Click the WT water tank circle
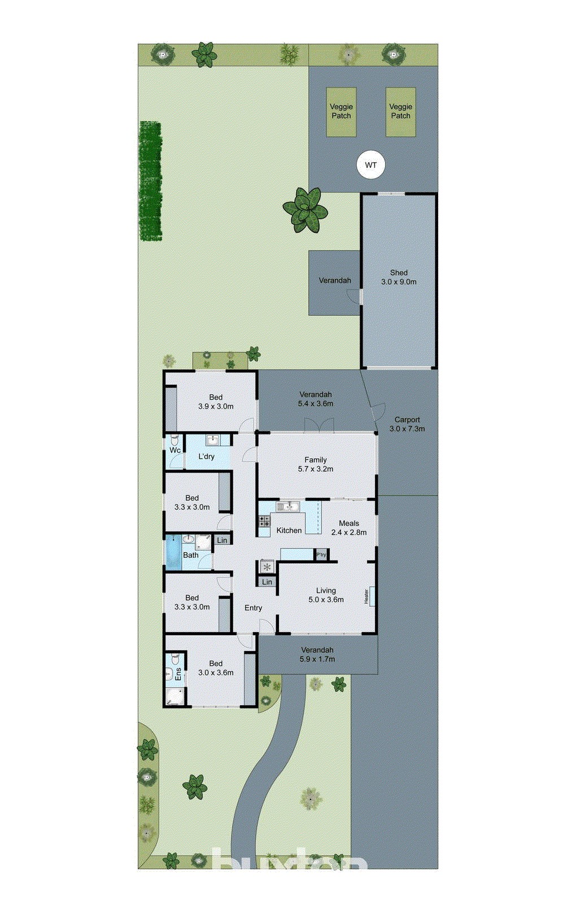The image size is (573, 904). click(x=370, y=166)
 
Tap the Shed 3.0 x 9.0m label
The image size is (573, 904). click(x=399, y=277)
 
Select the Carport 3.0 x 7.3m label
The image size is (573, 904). click(x=407, y=424)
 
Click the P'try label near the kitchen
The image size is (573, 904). click(x=321, y=555)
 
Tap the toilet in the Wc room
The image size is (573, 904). click(x=174, y=440)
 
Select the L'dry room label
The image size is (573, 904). click(x=206, y=456)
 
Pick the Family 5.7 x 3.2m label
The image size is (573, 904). click(x=316, y=464)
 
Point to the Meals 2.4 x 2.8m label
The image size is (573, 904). click(x=349, y=527)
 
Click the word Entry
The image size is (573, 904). click(x=253, y=608)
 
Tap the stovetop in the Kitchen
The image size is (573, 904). click(x=264, y=523)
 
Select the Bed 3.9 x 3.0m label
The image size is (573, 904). click(x=216, y=401)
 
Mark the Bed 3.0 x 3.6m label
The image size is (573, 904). click(x=216, y=668)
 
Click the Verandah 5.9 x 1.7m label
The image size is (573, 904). click(x=317, y=654)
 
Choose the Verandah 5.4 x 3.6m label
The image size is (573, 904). click(x=316, y=399)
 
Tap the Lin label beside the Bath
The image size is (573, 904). click(x=222, y=540)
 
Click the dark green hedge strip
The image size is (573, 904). click(x=151, y=181)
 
